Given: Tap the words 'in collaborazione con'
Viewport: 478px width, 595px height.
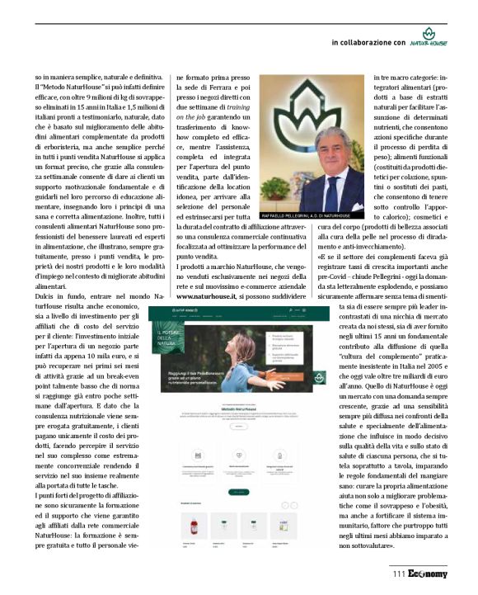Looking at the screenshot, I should [x=368, y=42].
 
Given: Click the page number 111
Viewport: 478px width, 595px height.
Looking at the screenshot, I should [x=400, y=574].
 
